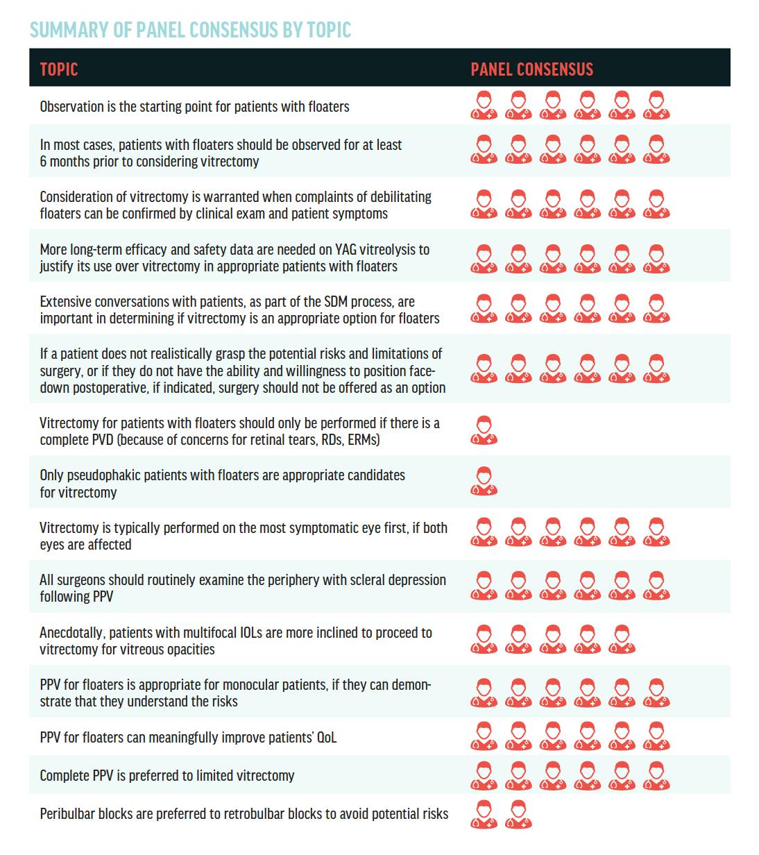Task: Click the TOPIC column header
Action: coord(59,69)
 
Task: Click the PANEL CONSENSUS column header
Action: coord(531,69)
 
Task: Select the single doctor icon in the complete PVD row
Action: coord(484,430)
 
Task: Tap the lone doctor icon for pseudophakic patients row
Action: coord(484,482)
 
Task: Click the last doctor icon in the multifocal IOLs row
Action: coord(622,639)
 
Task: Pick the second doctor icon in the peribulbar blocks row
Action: coord(518,814)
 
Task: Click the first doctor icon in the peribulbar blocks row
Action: coord(484,814)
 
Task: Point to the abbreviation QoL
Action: coord(326,737)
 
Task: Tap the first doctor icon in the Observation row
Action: coord(484,105)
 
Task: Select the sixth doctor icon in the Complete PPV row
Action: coord(656,776)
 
